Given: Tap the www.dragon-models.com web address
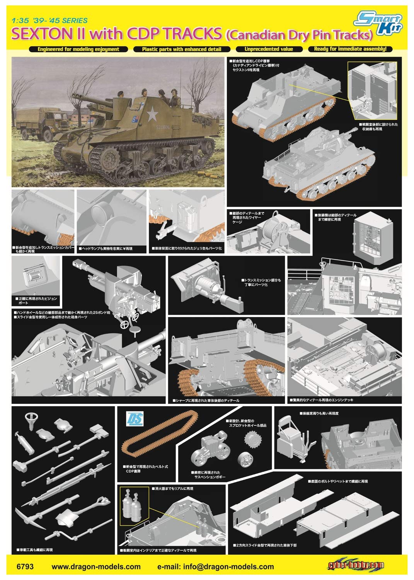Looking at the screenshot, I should (96, 567).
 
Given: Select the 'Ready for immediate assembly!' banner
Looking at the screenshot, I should (350, 49).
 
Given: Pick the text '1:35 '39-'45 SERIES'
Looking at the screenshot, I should (49, 20).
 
